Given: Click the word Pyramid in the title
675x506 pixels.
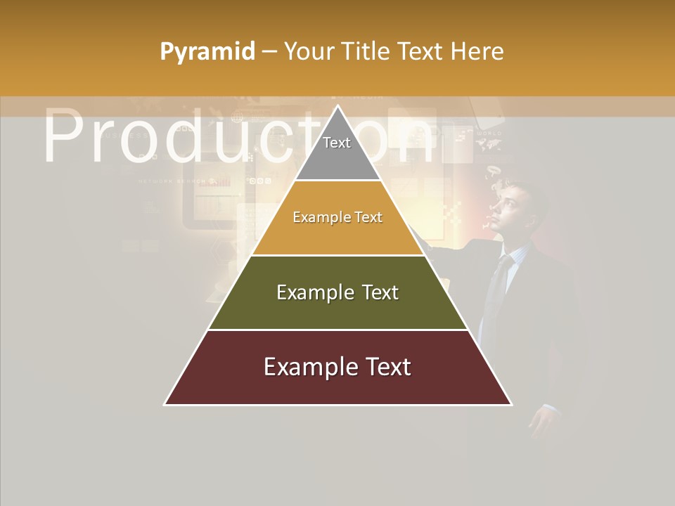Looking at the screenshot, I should (x=207, y=51).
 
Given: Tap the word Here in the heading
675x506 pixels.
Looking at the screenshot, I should (x=477, y=51).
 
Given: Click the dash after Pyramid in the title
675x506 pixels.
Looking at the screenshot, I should (x=269, y=51).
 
